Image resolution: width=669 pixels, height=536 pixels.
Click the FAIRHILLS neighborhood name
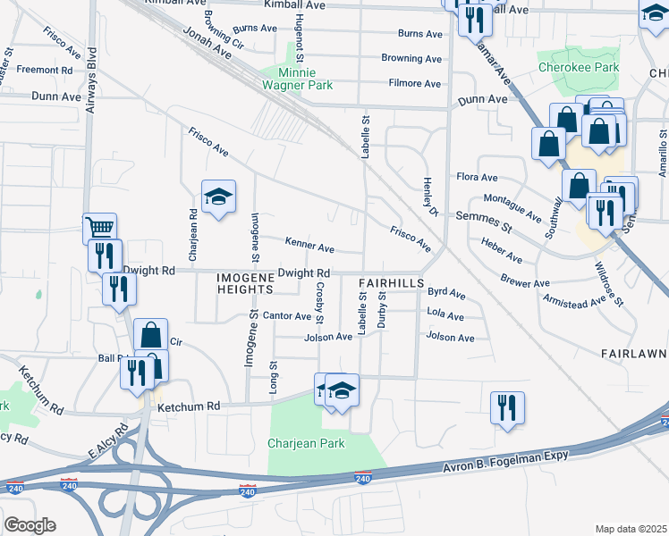390,283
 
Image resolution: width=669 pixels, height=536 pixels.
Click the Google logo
30,525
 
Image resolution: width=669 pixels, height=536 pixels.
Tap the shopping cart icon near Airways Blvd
99,227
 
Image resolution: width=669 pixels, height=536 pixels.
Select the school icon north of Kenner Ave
217,197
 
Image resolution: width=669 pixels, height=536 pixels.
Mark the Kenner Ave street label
309,245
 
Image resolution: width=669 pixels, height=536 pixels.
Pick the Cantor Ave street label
286,316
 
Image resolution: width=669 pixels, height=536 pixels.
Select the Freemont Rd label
44,70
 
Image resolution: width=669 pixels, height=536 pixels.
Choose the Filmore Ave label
415,84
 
